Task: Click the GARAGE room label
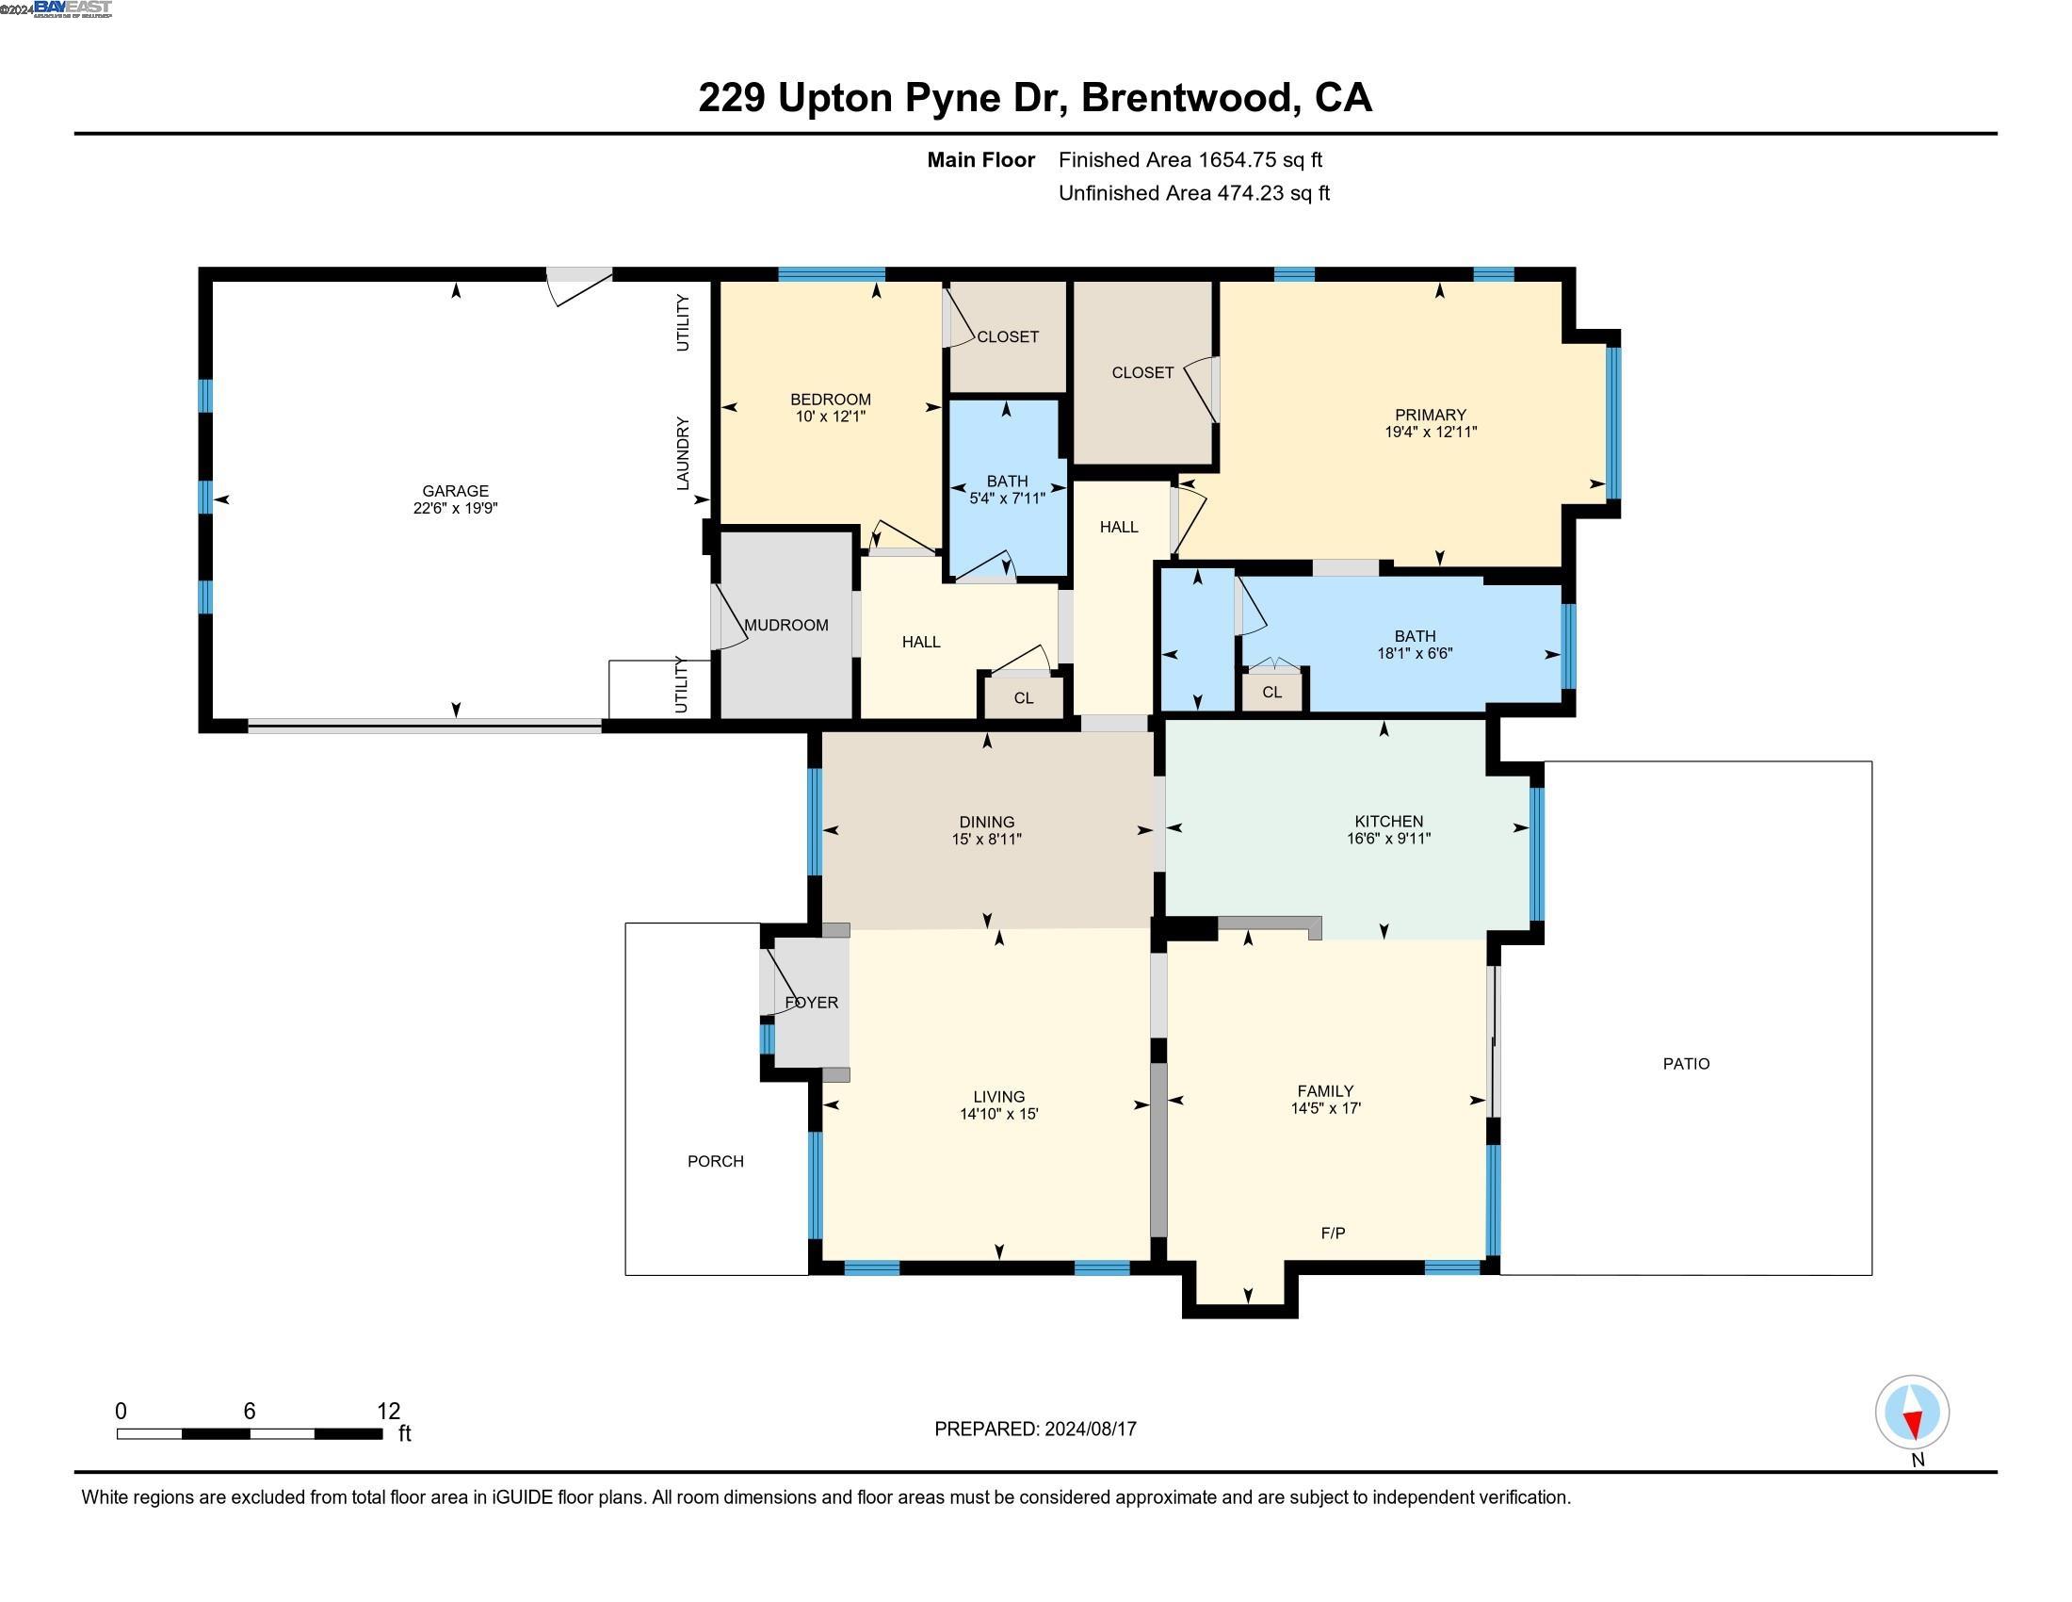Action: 456,491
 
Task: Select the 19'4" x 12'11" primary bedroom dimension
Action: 1430,432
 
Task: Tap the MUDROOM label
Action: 785,625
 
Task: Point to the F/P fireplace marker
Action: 1332,1233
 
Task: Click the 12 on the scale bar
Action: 388,1411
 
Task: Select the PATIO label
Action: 1686,1064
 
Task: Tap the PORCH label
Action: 716,1161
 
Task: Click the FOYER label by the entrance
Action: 811,1003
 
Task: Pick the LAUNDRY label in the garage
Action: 682,452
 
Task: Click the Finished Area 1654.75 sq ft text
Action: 1190,159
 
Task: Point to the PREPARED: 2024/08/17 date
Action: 1035,1429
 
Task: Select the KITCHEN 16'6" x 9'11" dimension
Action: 1388,838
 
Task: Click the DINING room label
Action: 987,822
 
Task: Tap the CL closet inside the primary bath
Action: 1271,692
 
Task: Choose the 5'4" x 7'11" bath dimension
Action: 1007,499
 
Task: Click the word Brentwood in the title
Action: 1190,98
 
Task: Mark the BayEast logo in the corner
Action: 73,8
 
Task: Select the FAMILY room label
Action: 1325,1090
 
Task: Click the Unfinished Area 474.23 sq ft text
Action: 1193,192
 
